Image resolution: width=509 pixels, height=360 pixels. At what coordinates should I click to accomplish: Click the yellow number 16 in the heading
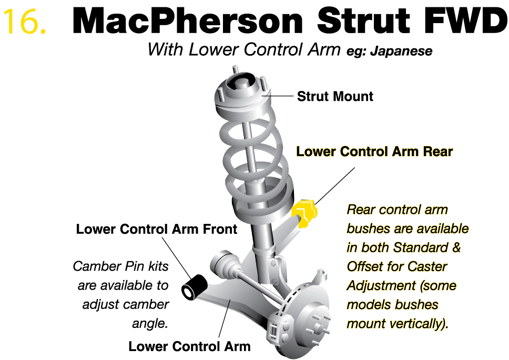(x=24, y=21)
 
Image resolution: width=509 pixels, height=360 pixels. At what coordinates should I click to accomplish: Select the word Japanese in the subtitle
(x=401, y=52)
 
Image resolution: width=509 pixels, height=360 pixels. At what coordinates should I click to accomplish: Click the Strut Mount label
(x=335, y=96)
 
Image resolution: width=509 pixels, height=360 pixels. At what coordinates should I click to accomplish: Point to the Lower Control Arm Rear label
(x=374, y=151)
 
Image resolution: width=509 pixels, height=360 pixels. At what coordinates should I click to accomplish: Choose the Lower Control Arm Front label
(x=157, y=229)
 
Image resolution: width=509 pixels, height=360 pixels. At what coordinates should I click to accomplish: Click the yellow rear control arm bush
(x=304, y=213)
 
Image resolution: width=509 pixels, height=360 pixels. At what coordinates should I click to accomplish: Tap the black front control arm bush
(x=194, y=286)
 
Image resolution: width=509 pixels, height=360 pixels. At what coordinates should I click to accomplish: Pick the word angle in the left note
(x=150, y=324)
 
